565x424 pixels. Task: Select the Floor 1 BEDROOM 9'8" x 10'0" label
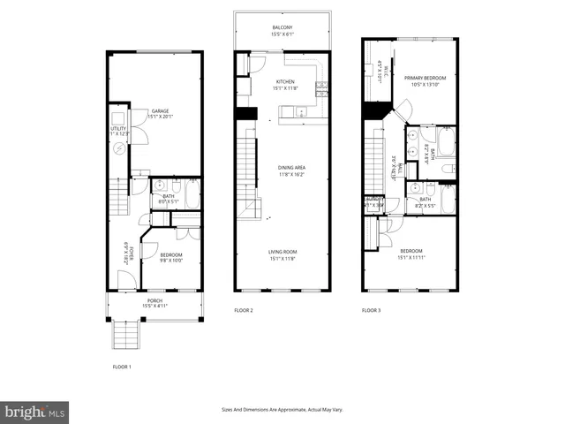pyautogui.click(x=170, y=257)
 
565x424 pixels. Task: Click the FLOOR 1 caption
pyautogui.click(x=122, y=366)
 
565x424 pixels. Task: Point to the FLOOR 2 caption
pyautogui.click(x=244, y=311)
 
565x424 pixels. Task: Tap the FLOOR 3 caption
pyautogui.click(x=372, y=311)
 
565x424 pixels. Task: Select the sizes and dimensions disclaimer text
pyautogui.click(x=282, y=409)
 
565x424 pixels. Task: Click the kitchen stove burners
pyautogui.click(x=321, y=87)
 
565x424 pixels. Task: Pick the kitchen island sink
pyautogui.click(x=300, y=112)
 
